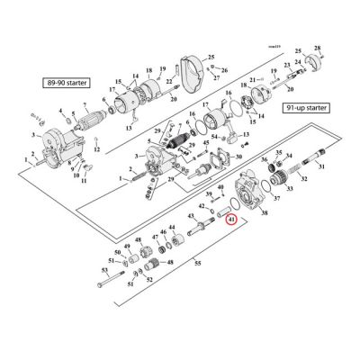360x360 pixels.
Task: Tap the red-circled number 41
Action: tap(231, 219)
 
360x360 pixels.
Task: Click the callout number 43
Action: tap(190, 218)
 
